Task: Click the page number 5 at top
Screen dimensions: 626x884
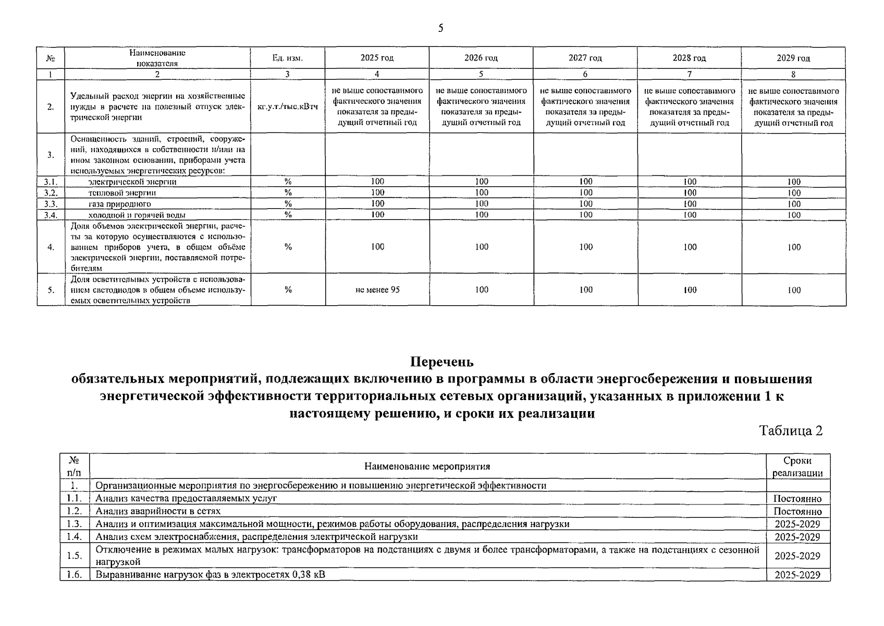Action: [x=440, y=28]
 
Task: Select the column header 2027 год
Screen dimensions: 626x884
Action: [x=585, y=58]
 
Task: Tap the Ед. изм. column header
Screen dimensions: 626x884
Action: [x=287, y=58]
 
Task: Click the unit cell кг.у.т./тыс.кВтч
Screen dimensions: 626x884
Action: [x=288, y=107]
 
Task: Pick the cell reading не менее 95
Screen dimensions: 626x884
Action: [x=377, y=290]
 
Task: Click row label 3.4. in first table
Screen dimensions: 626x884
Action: [x=50, y=215]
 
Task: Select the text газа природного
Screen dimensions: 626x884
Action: [x=120, y=204]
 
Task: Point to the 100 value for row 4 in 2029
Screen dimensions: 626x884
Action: [x=794, y=247]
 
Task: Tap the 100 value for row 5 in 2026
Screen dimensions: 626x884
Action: [x=482, y=290]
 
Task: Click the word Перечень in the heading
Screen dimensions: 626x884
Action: [x=441, y=362]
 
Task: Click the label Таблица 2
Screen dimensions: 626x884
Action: [x=791, y=431]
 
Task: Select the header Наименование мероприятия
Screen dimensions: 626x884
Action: [x=427, y=466]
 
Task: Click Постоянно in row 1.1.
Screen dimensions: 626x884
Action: [x=797, y=499]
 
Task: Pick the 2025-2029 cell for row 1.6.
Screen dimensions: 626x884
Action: [x=797, y=575]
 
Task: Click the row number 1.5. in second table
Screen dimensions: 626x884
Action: [x=75, y=556]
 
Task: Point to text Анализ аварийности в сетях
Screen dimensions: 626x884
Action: [x=158, y=511]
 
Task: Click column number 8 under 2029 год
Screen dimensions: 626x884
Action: [x=793, y=75]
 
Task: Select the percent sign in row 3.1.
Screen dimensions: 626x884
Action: [x=288, y=182]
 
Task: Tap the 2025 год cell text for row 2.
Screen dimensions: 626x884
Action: [x=377, y=107]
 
